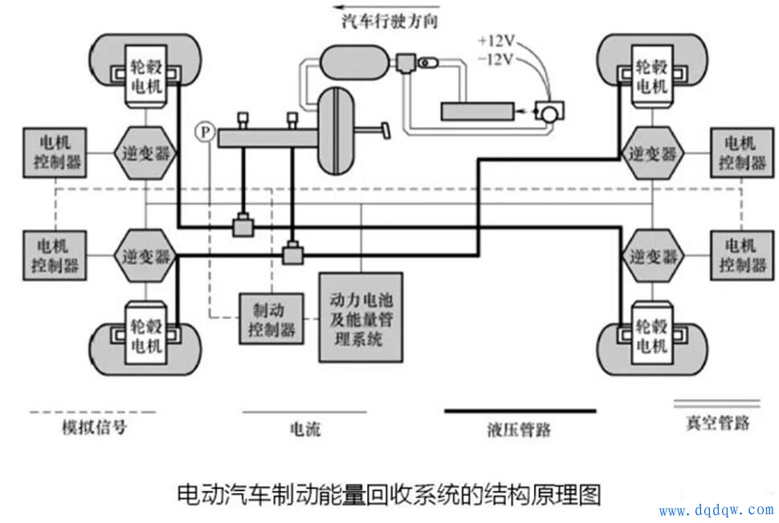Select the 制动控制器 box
tap(268, 318)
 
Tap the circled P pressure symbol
tap(206, 129)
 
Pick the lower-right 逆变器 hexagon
tap(652, 256)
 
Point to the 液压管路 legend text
tap(520, 429)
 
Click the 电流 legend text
tap(304, 429)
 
